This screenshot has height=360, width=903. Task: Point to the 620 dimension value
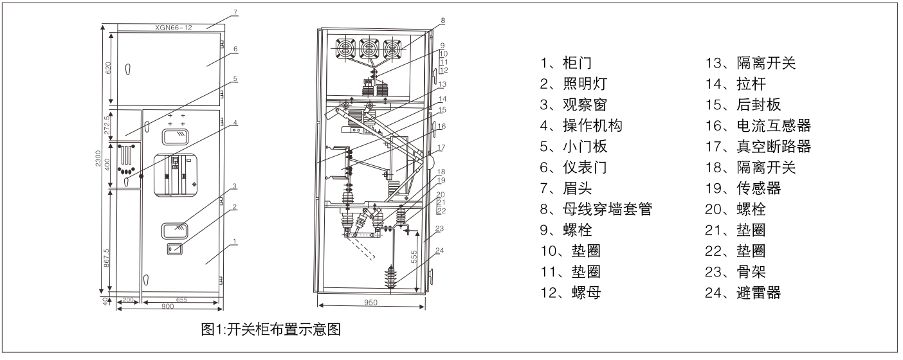pyautogui.click(x=109, y=67)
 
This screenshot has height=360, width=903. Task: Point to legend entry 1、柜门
pyautogui.click(x=566, y=64)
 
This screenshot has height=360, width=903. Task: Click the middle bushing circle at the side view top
pyautogui.click(x=369, y=50)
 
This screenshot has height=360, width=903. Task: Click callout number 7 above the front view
pyautogui.click(x=217, y=13)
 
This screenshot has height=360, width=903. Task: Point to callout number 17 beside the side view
pyautogui.click(x=441, y=148)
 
